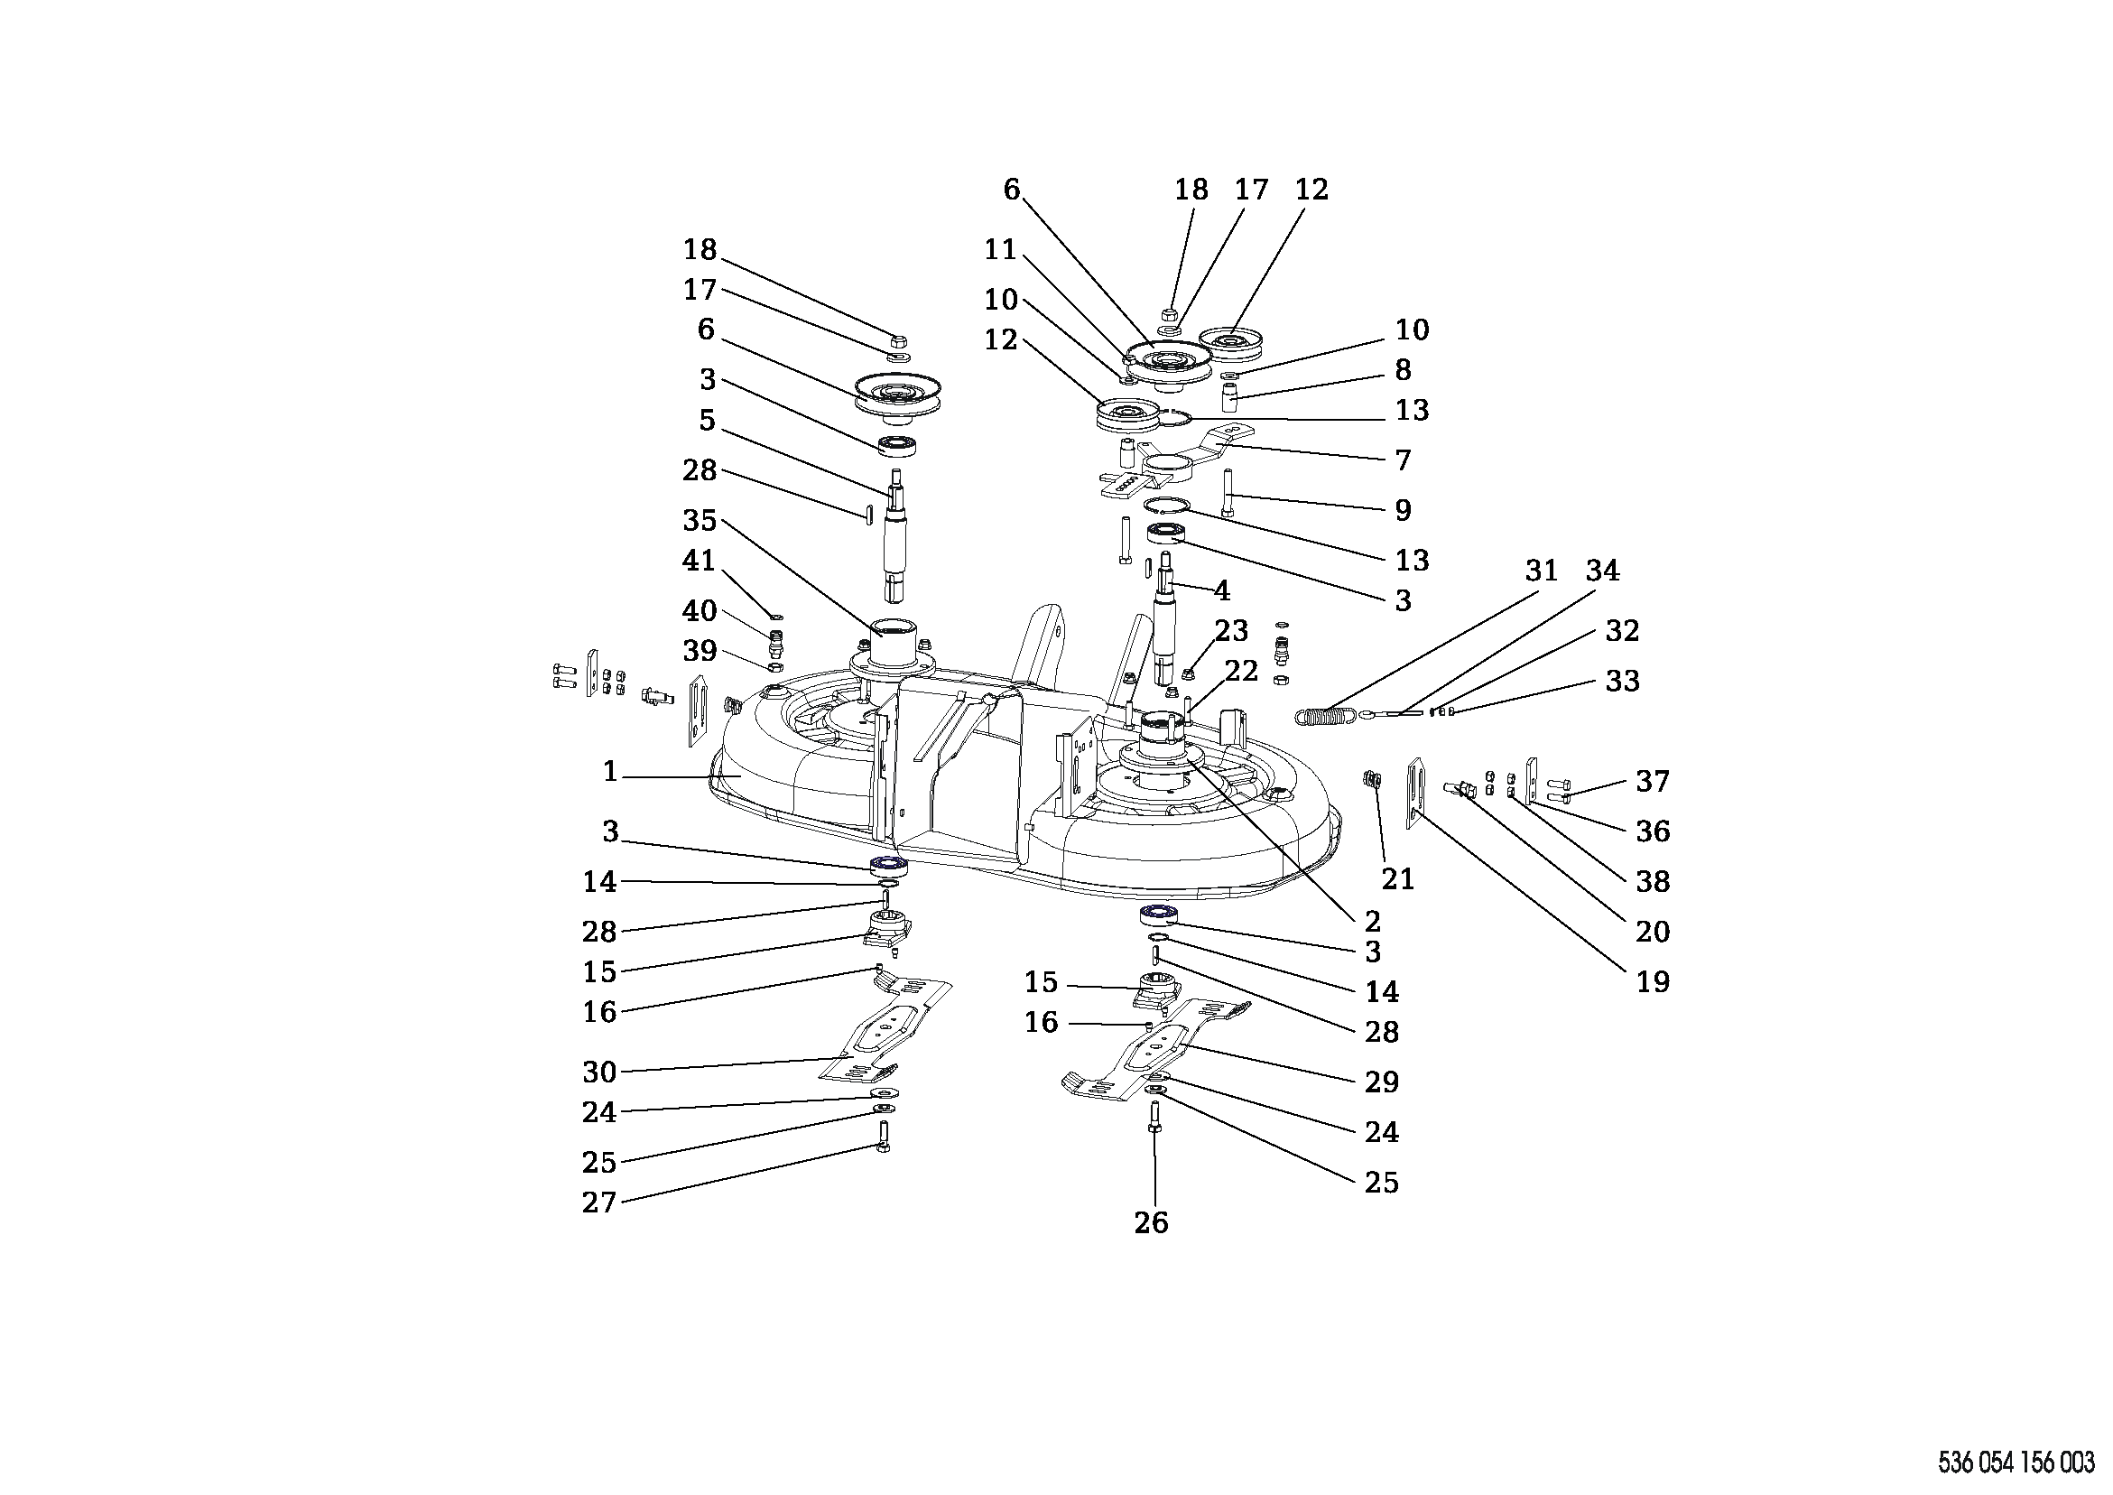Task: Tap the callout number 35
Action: [700, 520]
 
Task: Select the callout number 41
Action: [700, 560]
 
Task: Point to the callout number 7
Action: [1403, 460]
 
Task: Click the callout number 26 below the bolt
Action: [1150, 1222]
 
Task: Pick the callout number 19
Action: [1653, 981]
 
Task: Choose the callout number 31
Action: [1542, 571]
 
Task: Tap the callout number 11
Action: [1000, 249]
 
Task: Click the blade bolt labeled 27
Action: [884, 1138]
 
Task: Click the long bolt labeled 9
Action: [1228, 493]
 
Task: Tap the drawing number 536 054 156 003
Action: [2016, 1462]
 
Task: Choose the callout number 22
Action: [1240, 671]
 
